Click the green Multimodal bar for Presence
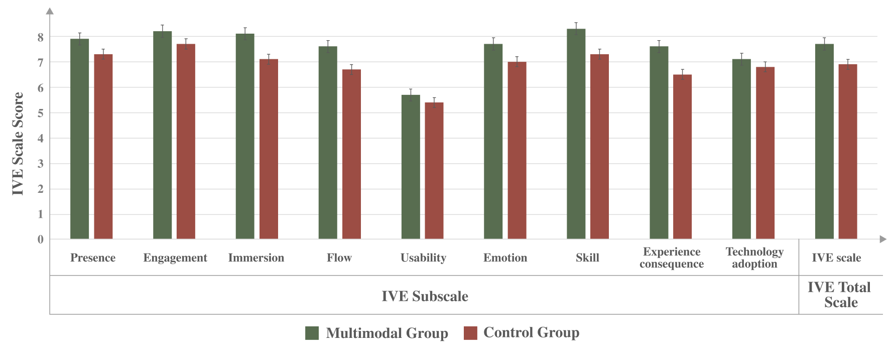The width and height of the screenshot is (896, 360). pyautogui.click(x=79, y=139)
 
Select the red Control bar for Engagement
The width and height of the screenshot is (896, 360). pyautogui.click(x=186, y=141)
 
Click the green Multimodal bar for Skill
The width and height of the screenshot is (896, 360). pyautogui.click(x=576, y=134)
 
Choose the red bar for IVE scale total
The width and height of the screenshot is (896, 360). pyautogui.click(x=848, y=151)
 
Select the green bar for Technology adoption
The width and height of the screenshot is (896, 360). pyautogui.click(x=741, y=149)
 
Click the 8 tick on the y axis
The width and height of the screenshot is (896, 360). pyautogui.click(x=41, y=37)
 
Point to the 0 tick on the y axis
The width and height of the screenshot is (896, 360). pyautogui.click(x=41, y=239)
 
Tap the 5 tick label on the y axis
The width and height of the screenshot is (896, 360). pyautogui.click(x=41, y=113)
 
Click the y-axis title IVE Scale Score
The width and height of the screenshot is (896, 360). pyautogui.click(x=18, y=144)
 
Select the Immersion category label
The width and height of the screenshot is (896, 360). pyautogui.click(x=256, y=258)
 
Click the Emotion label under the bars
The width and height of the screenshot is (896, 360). pyautogui.click(x=505, y=258)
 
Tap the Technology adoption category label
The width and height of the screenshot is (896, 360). pyautogui.click(x=754, y=258)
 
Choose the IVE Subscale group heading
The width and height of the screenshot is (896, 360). pyautogui.click(x=425, y=296)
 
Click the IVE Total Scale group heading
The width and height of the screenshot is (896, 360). pyautogui.click(x=839, y=295)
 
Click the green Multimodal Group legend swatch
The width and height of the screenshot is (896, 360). pyautogui.click(x=312, y=333)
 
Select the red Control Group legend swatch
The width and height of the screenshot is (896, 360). pyautogui.click(x=470, y=333)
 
